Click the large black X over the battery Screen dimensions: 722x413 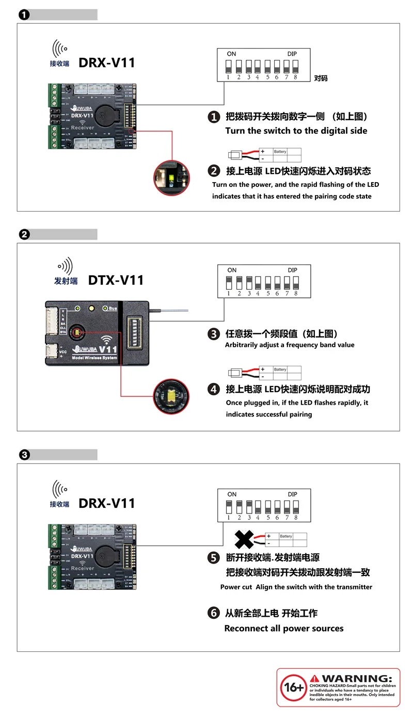(246, 539)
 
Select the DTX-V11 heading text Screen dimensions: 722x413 (116, 280)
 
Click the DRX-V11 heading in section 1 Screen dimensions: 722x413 (106, 63)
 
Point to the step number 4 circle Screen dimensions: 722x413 (214, 390)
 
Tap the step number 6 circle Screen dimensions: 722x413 (214, 613)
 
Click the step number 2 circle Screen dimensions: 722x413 (214, 171)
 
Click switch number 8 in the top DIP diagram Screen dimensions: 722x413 (296, 67)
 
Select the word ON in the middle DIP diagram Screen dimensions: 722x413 (232, 270)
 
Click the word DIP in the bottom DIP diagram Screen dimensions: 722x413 (292, 494)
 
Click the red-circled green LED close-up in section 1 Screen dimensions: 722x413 (171, 178)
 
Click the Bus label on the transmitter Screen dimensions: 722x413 (113, 308)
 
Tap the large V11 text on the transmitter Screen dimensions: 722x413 (109, 349)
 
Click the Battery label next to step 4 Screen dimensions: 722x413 (280, 370)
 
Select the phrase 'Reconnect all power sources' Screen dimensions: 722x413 (283, 629)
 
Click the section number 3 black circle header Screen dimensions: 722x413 (24, 455)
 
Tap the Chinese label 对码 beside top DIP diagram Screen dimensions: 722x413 (321, 78)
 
